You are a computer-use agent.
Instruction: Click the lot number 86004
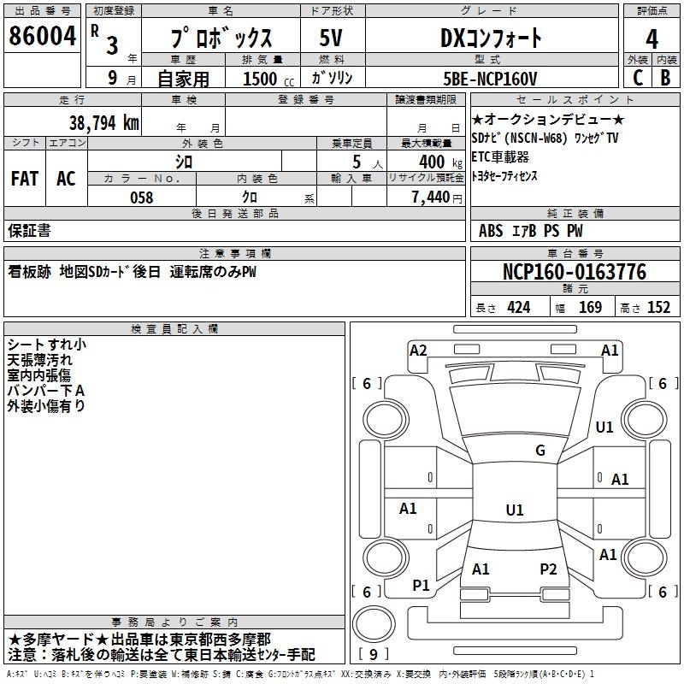coord(41,37)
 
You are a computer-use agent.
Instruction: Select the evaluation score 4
coord(652,39)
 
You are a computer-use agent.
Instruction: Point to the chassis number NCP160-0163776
coord(574,272)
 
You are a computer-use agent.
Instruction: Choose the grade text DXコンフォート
coord(491,38)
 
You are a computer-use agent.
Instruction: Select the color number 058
coord(141,198)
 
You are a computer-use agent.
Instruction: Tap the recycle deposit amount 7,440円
coord(436,198)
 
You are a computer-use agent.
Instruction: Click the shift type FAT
coord(25,179)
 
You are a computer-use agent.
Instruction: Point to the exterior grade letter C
coord(638,79)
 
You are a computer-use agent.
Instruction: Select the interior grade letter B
coord(665,79)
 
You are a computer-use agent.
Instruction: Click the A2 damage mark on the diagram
coord(418,350)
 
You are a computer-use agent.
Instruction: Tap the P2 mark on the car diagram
coord(548,569)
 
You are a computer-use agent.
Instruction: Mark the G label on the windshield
coord(540,451)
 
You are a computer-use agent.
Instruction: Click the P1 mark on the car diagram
coord(421,585)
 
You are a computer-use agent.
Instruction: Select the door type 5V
coord(333,38)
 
